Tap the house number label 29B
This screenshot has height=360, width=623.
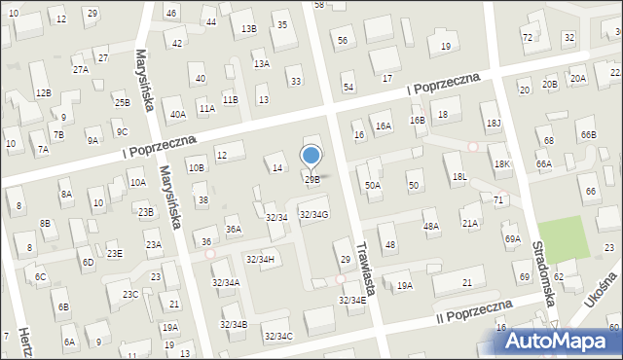pos(312,179)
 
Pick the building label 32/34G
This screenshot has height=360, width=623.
pos(312,214)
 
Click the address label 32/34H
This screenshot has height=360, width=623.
pos(261,259)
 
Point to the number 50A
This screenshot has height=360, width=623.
pos(374,185)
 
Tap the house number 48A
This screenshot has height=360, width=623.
pos(430,226)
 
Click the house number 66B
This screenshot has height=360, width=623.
pos(588,134)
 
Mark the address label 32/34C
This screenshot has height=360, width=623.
pos(279,336)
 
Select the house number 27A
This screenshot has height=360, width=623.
pos(81,69)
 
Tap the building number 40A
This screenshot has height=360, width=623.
pos(178,114)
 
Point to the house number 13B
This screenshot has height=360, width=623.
pos(248,29)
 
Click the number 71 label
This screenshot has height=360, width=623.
pos(498,199)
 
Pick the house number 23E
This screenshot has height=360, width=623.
pos(115,254)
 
